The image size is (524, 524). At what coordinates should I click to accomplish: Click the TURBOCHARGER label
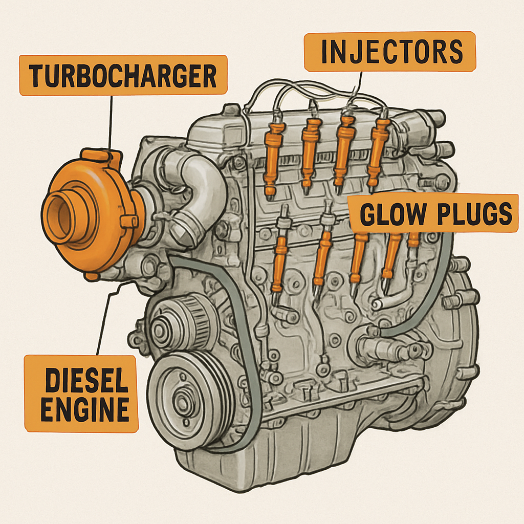(123, 75)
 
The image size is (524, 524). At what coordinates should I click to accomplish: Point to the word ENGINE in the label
(84, 409)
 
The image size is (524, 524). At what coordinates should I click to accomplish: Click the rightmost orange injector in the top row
(378, 151)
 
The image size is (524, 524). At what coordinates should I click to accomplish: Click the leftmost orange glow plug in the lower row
(280, 261)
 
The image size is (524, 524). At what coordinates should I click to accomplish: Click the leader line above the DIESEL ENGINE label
(105, 322)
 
